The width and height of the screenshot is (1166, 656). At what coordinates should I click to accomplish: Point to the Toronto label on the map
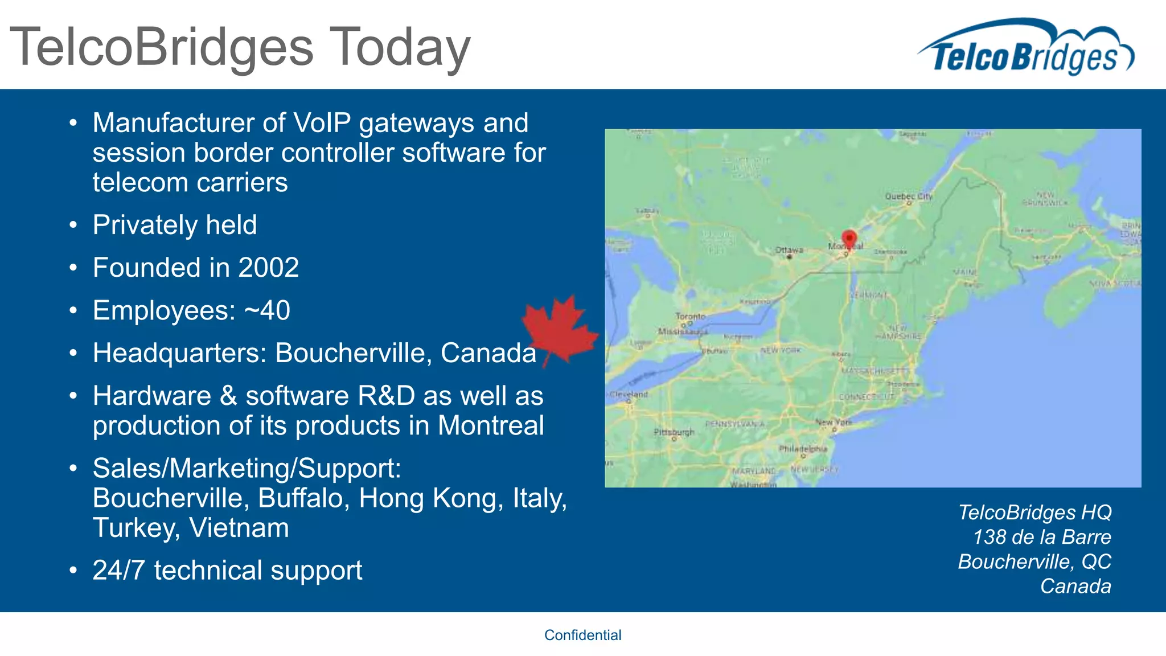pos(690,316)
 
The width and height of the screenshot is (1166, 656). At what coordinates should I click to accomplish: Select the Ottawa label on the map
pos(789,250)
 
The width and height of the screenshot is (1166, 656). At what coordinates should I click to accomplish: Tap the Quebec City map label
pos(908,196)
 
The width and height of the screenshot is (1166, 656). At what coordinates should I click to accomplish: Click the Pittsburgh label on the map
pos(674,432)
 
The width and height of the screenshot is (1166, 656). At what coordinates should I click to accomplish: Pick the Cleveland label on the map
pos(629,394)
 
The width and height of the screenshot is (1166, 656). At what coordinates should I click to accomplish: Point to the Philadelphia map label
pos(803,449)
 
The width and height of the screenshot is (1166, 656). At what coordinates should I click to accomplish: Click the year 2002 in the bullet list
pos(268,268)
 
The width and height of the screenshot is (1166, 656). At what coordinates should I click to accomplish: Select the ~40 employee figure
pos(267,310)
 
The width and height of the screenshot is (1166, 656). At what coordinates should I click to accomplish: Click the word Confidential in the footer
pos(582,635)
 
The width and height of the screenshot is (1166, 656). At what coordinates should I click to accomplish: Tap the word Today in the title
pos(400,47)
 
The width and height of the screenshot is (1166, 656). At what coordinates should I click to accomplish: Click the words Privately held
pos(175,225)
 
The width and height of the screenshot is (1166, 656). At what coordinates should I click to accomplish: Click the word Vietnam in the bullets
pos(239,528)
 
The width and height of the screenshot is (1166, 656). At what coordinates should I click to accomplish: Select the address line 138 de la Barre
pos(1042,537)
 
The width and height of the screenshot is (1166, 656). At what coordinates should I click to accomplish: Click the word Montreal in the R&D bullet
pos(491,425)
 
